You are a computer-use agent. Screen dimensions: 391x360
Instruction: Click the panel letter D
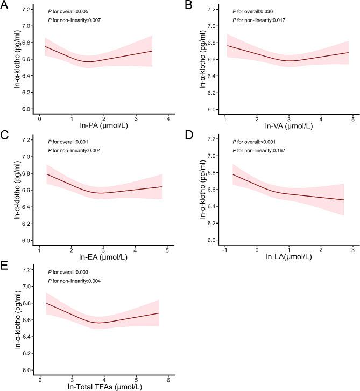[x=188, y=135]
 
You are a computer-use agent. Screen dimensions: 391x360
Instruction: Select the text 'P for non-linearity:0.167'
[x=260, y=150]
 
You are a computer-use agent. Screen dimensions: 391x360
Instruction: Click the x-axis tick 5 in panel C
[x=167, y=249]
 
